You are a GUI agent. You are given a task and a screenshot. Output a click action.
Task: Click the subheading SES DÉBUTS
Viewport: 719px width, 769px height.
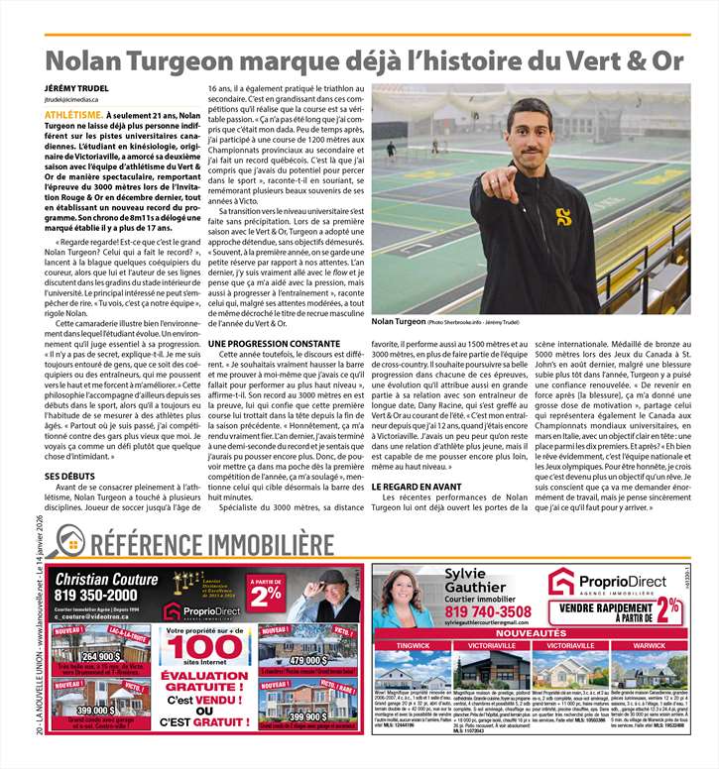(x=68, y=477)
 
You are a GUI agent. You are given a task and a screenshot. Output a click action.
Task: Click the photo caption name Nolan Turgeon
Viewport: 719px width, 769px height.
(x=398, y=322)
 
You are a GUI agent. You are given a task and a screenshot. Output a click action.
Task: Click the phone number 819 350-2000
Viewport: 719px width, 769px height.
(x=103, y=595)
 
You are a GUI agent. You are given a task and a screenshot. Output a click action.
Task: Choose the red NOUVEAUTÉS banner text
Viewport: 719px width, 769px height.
(x=531, y=631)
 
